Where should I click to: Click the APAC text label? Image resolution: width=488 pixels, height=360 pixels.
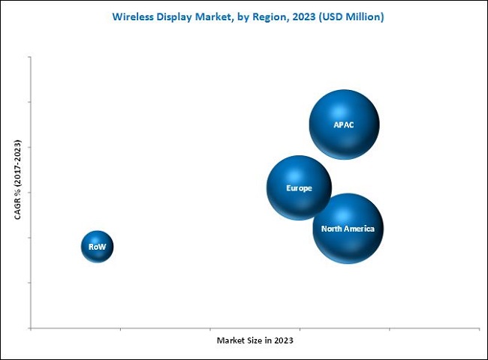[344, 124]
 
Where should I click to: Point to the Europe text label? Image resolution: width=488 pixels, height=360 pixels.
[299, 188]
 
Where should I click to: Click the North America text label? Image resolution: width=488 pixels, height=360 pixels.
[348, 229]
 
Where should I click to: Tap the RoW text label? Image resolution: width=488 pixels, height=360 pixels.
[97, 246]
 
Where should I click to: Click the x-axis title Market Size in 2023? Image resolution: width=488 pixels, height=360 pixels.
[255, 340]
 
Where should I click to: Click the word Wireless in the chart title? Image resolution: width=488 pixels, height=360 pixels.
[134, 16]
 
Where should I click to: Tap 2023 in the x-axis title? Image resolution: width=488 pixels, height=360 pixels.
[282, 340]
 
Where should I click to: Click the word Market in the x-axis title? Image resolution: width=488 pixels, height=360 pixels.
[230, 340]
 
